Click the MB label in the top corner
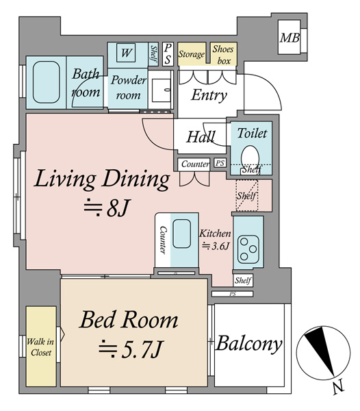[x=290, y=38]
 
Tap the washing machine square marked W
[x=126, y=53]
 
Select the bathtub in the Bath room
[x=47, y=82]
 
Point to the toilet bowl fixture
[x=250, y=158]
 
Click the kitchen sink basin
[x=181, y=234]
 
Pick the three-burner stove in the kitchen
[x=248, y=249]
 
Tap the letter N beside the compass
[x=338, y=387]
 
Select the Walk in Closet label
[x=41, y=347]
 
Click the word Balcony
[x=248, y=344]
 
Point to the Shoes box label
[x=223, y=55]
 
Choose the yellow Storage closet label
[x=192, y=54]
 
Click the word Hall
[x=201, y=137]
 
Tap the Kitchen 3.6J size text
[x=215, y=240]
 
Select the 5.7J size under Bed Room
[x=131, y=349]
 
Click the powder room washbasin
[x=161, y=90]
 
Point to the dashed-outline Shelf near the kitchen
[x=247, y=195]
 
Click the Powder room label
[x=128, y=88]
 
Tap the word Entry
[x=209, y=95]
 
